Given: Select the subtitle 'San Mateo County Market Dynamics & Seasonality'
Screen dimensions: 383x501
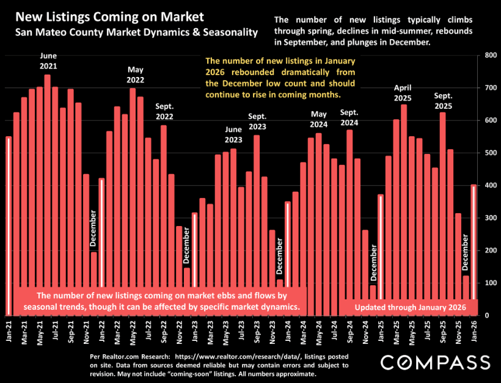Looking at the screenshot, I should pyautogui.click(x=133, y=31).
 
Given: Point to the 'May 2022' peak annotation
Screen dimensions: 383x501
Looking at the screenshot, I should pyautogui.click(x=135, y=75).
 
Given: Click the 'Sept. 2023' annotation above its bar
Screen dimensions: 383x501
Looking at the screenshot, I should pyautogui.click(x=257, y=121).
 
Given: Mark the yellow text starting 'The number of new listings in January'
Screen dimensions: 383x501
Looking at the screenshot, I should pyautogui.click(x=280, y=78).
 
